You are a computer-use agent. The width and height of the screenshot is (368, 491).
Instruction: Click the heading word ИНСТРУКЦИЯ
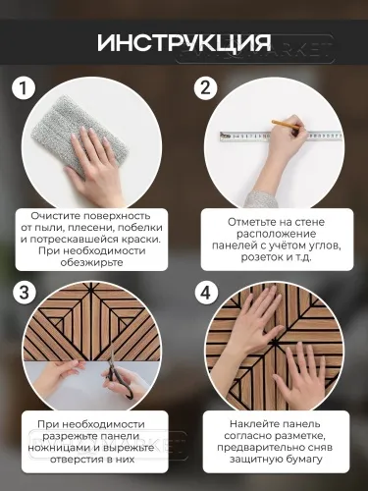[x=184, y=44]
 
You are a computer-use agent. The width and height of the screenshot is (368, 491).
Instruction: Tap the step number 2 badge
[x=204, y=88]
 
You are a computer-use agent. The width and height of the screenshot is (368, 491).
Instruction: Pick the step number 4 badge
[x=204, y=294]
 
